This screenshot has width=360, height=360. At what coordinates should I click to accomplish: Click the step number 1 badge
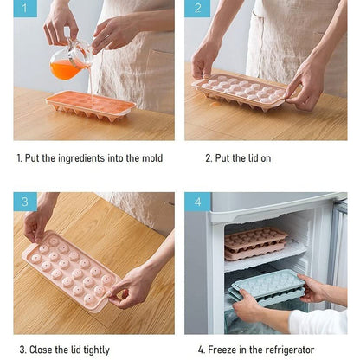[25, 10]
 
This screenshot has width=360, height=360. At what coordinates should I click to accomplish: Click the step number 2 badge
[197, 10]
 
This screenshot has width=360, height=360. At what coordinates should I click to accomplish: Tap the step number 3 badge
[25, 202]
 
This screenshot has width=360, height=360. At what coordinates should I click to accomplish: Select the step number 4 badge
[197, 202]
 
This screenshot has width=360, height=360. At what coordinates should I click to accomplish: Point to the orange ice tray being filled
[90, 105]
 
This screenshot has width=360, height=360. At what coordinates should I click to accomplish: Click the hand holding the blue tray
[247, 305]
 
